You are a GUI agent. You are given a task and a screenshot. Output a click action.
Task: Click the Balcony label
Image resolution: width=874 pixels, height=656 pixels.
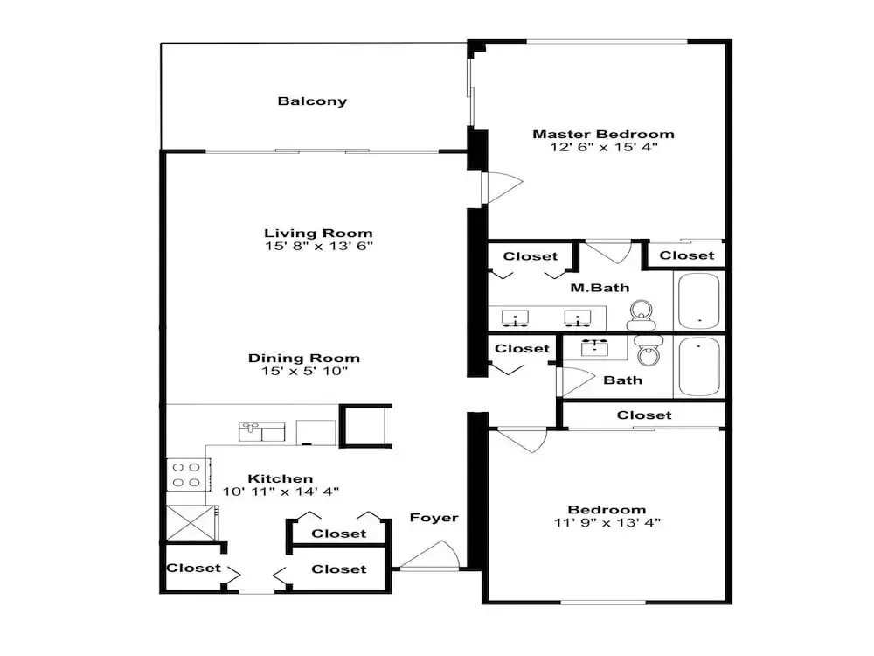[312, 101]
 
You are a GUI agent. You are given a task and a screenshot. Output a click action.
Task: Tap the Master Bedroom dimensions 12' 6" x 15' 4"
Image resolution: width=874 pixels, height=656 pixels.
[604, 147]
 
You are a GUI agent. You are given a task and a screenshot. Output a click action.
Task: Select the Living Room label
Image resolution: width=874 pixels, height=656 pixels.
[318, 234]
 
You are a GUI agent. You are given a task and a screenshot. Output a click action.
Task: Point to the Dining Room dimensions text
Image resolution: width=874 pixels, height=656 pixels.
[305, 371]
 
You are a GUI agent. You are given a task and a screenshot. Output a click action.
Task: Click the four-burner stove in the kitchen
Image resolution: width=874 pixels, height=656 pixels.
[187, 475]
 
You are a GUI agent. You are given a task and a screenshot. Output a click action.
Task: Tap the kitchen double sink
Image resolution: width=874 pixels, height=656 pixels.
[261, 432]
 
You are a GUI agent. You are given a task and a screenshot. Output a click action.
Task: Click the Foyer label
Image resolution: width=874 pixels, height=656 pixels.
[434, 518]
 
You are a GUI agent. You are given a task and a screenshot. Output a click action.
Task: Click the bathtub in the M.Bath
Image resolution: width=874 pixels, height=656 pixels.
[699, 301]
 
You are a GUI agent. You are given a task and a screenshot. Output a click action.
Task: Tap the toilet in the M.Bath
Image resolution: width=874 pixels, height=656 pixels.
[641, 315]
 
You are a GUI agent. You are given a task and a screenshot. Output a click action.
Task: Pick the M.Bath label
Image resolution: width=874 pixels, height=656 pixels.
[600, 288]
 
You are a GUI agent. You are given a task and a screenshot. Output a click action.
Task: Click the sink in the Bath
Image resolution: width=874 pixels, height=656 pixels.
[595, 348]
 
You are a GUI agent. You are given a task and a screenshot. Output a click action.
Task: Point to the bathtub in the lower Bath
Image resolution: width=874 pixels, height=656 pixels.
[699, 366]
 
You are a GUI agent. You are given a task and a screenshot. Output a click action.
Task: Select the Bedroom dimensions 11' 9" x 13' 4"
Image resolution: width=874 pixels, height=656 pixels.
[607, 523]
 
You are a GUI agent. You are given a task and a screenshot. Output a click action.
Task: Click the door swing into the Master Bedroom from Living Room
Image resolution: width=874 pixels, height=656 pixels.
[503, 188]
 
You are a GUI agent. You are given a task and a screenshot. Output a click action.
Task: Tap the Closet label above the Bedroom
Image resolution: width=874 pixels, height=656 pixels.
[644, 415]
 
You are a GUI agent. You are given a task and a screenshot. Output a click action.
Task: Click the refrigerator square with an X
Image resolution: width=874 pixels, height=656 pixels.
[191, 523]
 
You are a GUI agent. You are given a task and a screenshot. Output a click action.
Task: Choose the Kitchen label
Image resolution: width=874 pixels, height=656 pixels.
[281, 478]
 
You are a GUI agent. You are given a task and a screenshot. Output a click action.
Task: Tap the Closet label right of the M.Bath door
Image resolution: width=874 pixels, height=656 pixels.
[687, 255]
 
